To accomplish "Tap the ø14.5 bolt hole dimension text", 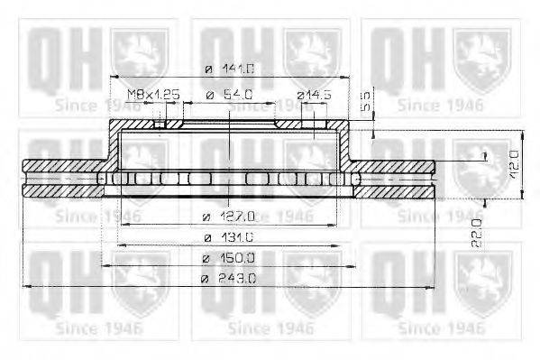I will tap(313, 94).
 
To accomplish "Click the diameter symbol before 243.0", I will tap(206, 280).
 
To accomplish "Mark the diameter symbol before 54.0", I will tap(208, 94).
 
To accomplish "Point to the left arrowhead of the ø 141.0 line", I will tap(112, 75).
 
